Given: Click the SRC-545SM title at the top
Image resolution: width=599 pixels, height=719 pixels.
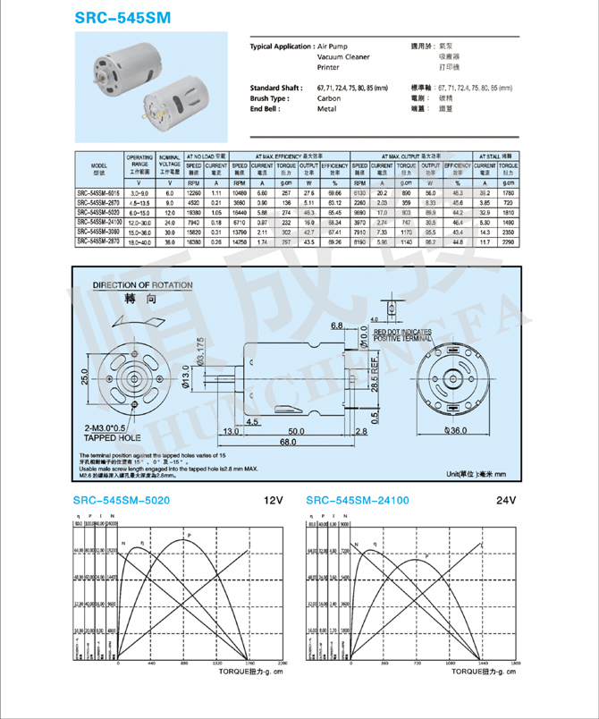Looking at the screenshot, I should click(x=121, y=17).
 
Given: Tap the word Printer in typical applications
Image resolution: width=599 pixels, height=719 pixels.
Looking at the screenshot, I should click(x=331, y=67).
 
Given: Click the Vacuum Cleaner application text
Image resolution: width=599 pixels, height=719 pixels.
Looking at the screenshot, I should click(x=343, y=56).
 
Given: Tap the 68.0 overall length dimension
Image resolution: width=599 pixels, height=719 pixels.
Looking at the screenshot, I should click(x=286, y=442).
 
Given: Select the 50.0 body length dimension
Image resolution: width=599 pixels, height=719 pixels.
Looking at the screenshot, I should click(x=295, y=431).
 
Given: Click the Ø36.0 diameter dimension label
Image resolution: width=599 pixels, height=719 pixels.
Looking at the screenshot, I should click(x=457, y=430).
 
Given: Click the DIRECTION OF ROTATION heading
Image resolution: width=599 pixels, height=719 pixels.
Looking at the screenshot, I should click(x=143, y=285).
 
